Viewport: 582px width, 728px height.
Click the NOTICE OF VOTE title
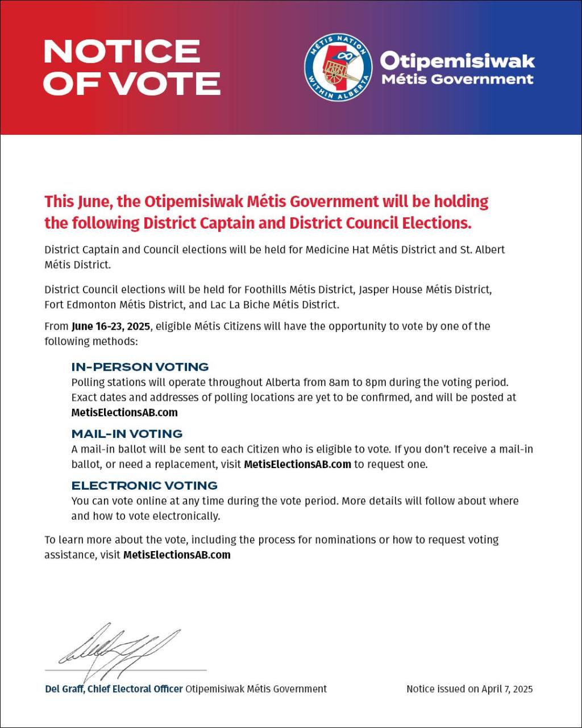click(x=131, y=67)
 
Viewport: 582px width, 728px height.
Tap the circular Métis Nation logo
click(x=338, y=67)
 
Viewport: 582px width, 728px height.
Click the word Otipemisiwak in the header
click(x=458, y=60)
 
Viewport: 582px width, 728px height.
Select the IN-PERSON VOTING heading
click(x=140, y=367)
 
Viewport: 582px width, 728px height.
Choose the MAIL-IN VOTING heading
click(x=127, y=434)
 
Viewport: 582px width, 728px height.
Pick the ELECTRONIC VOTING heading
click(x=144, y=485)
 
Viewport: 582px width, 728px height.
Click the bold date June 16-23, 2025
click(x=111, y=326)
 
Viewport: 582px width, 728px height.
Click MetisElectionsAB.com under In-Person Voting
click(x=124, y=412)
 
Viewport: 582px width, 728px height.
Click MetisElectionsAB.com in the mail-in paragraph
click(x=297, y=464)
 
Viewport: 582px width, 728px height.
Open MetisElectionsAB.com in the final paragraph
click(x=177, y=555)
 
